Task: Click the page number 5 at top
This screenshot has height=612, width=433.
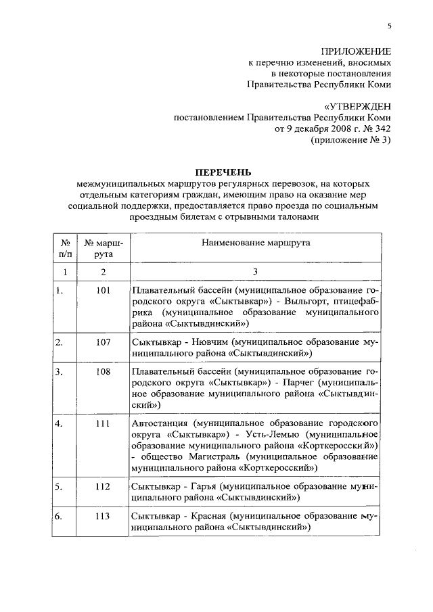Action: click(389, 26)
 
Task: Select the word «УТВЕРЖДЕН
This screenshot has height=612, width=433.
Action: click(357, 106)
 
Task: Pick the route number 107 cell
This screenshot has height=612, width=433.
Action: click(103, 342)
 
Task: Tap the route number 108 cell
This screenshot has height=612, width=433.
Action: click(103, 372)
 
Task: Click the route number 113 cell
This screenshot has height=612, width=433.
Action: click(103, 516)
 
